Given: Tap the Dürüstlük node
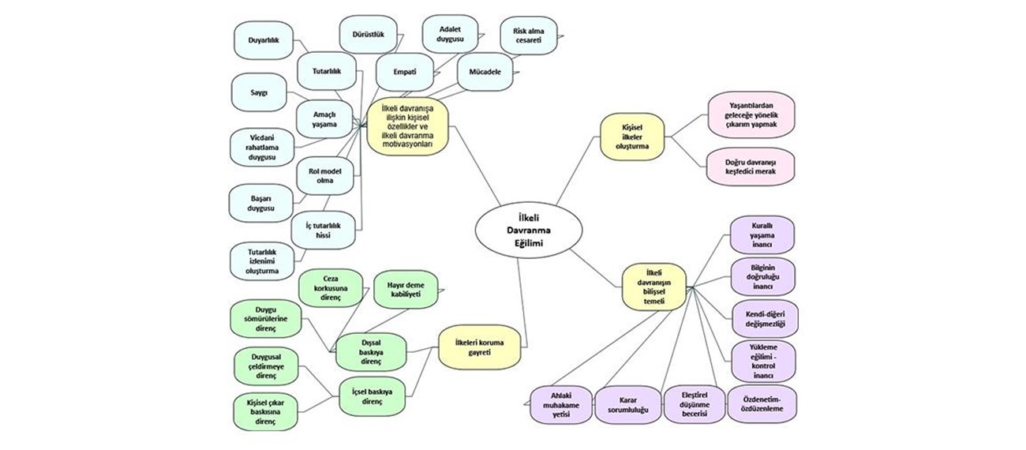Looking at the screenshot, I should (368, 34).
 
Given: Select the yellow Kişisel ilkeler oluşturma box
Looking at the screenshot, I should (631, 136).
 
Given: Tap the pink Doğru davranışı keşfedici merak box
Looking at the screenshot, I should (751, 167).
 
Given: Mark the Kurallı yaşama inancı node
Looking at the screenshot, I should (762, 234).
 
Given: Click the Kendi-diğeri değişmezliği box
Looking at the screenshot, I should (761, 318).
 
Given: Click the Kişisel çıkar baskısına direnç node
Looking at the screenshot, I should (266, 411).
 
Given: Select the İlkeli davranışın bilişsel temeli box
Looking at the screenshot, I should (654, 287).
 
